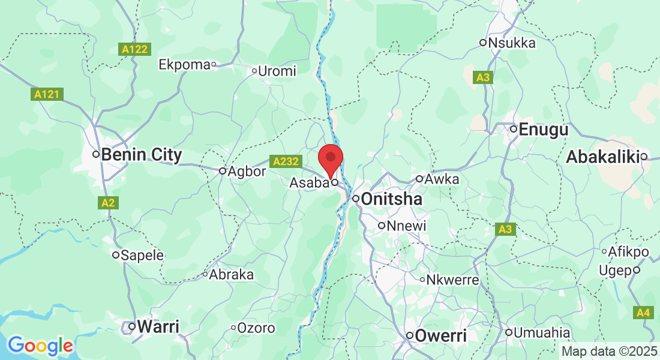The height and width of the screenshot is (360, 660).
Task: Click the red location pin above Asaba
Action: [330, 157]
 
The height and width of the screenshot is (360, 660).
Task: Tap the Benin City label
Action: [141, 155]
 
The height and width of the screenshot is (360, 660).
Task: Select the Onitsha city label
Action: [393, 199]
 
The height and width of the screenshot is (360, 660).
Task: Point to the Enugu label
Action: [543, 129]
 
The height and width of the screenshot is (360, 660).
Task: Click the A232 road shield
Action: [285, 161]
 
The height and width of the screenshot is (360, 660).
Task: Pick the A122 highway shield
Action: [134, 49]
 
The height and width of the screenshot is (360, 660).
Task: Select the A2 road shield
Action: [108, 203]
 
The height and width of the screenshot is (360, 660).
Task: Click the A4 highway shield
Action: [643, 313]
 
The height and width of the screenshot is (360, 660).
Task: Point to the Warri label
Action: [158, 327]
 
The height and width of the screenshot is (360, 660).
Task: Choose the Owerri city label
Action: [441, 335]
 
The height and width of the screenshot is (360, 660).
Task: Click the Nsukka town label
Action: [512, 43]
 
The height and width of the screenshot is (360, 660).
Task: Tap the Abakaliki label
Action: [602, 157]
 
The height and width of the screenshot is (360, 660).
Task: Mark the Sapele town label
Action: [142, 255]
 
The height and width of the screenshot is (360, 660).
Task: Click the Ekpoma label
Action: [184, 64]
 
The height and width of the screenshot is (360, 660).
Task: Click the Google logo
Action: [40, 346]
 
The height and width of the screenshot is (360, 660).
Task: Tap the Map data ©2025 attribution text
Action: [609, 351]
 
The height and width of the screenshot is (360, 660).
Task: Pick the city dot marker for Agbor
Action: [223, 171]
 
